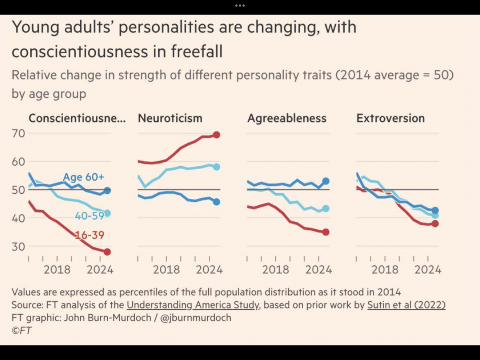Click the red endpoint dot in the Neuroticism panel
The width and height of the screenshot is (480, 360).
[x=216, y=135]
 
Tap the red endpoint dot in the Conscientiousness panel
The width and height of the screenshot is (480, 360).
[x=107, y=252]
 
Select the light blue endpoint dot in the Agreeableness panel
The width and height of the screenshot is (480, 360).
[x=326, y=208]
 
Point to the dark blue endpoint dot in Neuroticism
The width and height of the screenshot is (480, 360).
[x=216, y=202]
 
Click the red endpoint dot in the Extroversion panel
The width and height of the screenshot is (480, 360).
[x=435, y=224]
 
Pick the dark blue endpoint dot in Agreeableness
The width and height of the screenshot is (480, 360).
[x=326, y=181]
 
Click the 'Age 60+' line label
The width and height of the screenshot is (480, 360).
[x=83, y=177]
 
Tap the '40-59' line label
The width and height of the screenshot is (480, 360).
[x=89, y=216]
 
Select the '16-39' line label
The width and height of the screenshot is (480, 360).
[x=89, y=235]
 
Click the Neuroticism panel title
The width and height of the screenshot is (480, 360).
[x=170, y=118]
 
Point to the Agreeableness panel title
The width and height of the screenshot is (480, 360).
[x=287, y=118]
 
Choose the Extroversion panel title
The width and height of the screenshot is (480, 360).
[x=390, y=118]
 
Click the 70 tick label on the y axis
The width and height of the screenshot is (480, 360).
[x=18, y=133]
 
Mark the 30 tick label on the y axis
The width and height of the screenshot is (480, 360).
[x=18, y=247]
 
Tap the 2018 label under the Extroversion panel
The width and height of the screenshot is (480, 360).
[x=385, y=270]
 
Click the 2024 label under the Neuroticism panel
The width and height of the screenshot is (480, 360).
[x=209, y=270]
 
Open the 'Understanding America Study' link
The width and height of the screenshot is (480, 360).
[x=193, y=305]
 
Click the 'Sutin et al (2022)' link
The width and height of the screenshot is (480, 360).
[x=406, y=305]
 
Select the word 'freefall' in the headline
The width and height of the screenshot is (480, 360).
[x=196, y=51]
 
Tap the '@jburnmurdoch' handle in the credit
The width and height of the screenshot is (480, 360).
[x=195, y=318]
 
